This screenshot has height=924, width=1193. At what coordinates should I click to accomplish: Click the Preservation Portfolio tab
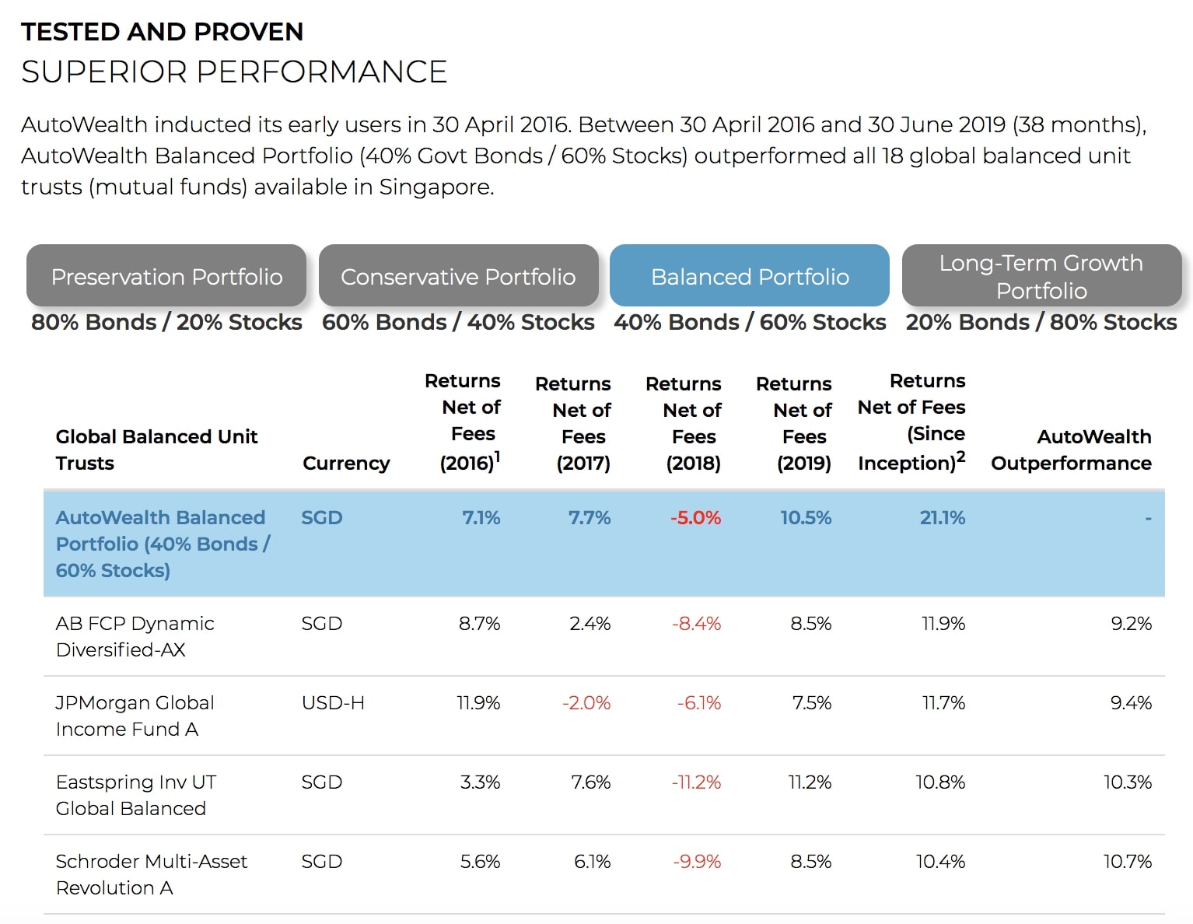coord(166,275)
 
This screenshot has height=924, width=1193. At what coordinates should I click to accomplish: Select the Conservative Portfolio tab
coord(458,275)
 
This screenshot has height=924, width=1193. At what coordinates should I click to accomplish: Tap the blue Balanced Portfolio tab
coord(749,275)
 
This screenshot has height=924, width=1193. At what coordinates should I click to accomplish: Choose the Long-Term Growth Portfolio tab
coord(1041,275)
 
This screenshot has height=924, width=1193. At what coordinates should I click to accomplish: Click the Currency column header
coord(346,464)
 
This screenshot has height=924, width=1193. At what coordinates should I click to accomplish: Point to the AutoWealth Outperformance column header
coord(1071,450)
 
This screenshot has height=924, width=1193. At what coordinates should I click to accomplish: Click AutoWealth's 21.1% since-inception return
coord(942,517)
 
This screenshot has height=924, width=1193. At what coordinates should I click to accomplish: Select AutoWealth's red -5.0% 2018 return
coord(695,517)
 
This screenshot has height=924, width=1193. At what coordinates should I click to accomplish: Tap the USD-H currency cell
coord(333,702)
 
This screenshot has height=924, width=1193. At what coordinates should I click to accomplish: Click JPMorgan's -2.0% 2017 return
coord(586,702)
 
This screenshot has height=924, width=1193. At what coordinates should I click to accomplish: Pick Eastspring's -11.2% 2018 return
coord(695,782)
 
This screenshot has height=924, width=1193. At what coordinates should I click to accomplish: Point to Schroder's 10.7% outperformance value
coord(1127,861)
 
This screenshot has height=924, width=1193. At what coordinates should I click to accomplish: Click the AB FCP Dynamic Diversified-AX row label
coord(135,636)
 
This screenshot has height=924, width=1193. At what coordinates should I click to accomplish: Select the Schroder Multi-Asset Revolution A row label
coord(151,874)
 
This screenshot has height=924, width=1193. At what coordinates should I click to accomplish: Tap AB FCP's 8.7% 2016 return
coord(479,623)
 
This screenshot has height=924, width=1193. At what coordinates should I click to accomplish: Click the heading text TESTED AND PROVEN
coord(162,31)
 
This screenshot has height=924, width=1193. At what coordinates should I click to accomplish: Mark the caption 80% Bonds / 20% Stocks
coord(166,322)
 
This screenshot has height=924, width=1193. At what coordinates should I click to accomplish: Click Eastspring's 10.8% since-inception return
coord(940,782)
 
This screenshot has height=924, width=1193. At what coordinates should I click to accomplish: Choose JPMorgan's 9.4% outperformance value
coord(1131,702)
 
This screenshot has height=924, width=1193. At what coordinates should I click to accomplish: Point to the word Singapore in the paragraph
coord(436,187)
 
